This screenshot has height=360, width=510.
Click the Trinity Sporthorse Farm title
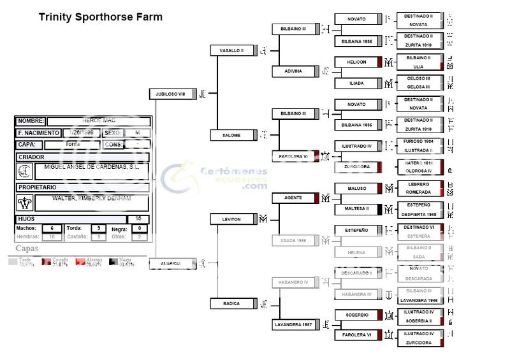(x=101, y=17)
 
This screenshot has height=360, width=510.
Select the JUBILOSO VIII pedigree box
(x=171, y=94)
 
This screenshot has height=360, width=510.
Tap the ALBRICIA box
(x=171, y=263)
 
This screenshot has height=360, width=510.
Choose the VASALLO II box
(x=232, y=50)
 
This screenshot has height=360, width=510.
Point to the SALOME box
(x=232, y=135)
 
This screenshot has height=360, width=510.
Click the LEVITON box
(x=232, y=219)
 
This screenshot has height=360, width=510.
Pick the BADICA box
(x=232, y=304)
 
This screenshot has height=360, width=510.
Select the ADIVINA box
(x=294, y=71)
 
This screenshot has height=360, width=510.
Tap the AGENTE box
(x=294, y=198)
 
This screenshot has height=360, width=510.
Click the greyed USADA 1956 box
(x=294, y=240)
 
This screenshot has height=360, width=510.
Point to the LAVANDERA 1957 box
(x=294, y=325)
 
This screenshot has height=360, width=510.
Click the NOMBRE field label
(x=30, y=121)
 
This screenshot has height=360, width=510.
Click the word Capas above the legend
(x=27, y=248)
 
